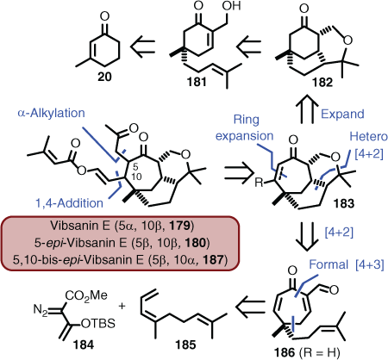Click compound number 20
tap(104, 77)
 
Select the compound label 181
tap(197, 82)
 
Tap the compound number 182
tap(322, 83)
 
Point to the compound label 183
tap(344, 203)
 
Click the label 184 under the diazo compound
tap(84, 344)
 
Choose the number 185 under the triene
tap(185, 344)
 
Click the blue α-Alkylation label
tap(52, 113)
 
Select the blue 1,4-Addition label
tap(69, 203)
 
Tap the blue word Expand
tap(342, 115)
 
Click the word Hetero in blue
tap(368, 136)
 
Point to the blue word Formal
tap(329, 264)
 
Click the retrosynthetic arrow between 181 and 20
tap(142, 46)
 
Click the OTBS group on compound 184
tap(98, 324)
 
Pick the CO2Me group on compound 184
tap(86, 295)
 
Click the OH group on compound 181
tap(231, 6)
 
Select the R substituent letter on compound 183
tap(259, 183)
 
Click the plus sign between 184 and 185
tap(122, 306)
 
